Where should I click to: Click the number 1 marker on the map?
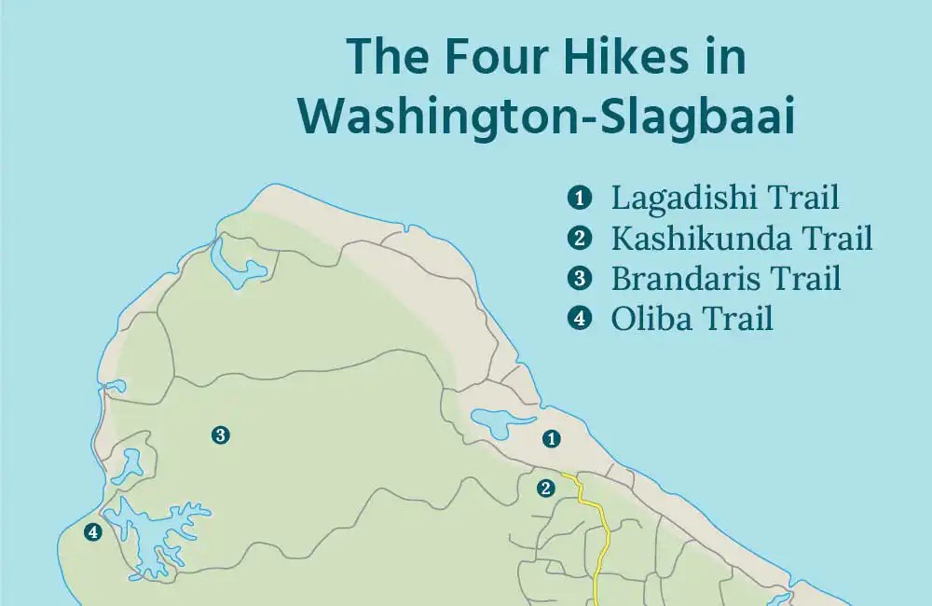click(x=553, y=437)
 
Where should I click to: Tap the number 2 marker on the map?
click(x=546, y=488)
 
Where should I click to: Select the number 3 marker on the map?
click(x=220, y=434)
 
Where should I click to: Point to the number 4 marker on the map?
click(x=92, y=532)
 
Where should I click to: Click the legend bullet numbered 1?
click(x=580, y=198)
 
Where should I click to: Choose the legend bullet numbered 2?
click(x=580, y=239)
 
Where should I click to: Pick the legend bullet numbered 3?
click(x=580, y=279)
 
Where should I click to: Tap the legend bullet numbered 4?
click(x=580, y=319)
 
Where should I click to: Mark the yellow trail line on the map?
click(x=602, y=541)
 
